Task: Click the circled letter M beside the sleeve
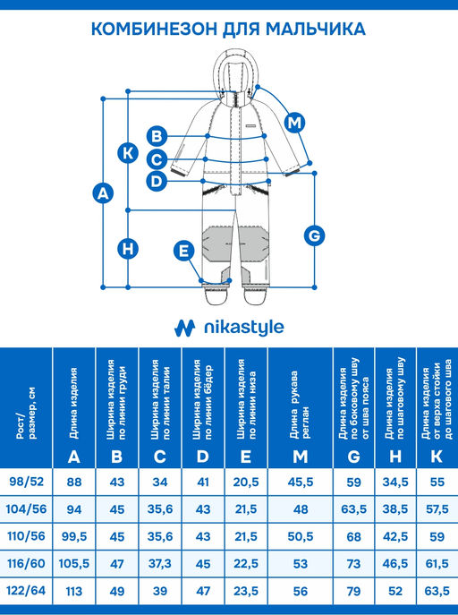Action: (294, 123)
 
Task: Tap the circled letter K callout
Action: (128, 152)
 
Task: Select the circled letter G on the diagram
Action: (314, 235)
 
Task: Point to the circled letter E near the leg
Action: (183, 251)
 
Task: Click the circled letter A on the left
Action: (103, 193)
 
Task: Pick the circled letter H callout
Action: (128, 249)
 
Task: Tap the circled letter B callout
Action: (157, 136)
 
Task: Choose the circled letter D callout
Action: (157, 181)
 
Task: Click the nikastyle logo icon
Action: (184, 329)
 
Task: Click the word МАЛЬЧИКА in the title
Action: (316, 30)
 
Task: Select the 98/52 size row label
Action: (26, 482)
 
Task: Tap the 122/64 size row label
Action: (26, 590)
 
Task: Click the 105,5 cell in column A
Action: (74, 564)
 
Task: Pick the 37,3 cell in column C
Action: (160, 564)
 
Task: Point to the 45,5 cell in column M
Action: (301, 482)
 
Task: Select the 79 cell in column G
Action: (353, 591)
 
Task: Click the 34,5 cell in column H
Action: (395, 482)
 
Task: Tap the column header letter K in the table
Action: (437, 457)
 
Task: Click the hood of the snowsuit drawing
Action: (233, 76)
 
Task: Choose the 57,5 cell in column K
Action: (437, 509)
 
